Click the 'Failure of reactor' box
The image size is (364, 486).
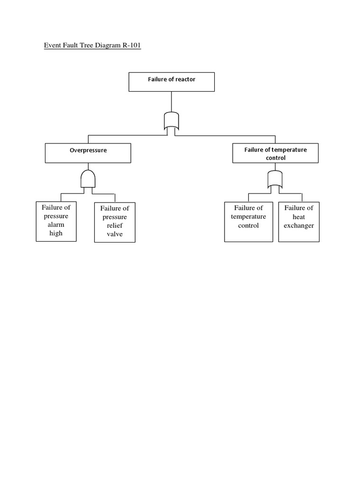click(x=172, y=82)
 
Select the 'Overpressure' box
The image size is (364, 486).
click(x=88, y=153)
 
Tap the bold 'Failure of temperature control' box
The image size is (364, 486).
click(x=275, y=153)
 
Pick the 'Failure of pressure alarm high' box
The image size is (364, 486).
click(x=56, y=221)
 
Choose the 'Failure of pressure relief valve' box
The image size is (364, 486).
click(x=115, y=222)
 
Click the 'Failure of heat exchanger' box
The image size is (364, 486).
click(x=299, y=222)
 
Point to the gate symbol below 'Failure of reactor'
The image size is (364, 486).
click(x=171, y=121)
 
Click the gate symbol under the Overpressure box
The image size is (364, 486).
click(x=88, y=179)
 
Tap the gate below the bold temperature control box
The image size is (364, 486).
click(x=275, y=179)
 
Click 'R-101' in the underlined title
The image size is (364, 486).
click(x=129, y=46)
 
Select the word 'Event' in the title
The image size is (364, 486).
click(x=53, y=46)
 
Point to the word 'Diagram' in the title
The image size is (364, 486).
click(x=104, y=46)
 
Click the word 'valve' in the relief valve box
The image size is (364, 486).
click(x=115, y=234)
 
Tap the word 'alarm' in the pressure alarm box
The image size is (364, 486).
click(x=56, y=224)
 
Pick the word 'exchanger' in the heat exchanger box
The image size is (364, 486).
click(x=299, y=225)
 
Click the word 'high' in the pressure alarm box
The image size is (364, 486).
click(x=56, y=233)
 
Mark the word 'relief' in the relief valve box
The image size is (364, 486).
click(x=115, y=225)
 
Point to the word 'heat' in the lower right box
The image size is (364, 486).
click(x=299, y=217)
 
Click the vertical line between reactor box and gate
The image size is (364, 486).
click(x=171, y=102)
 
